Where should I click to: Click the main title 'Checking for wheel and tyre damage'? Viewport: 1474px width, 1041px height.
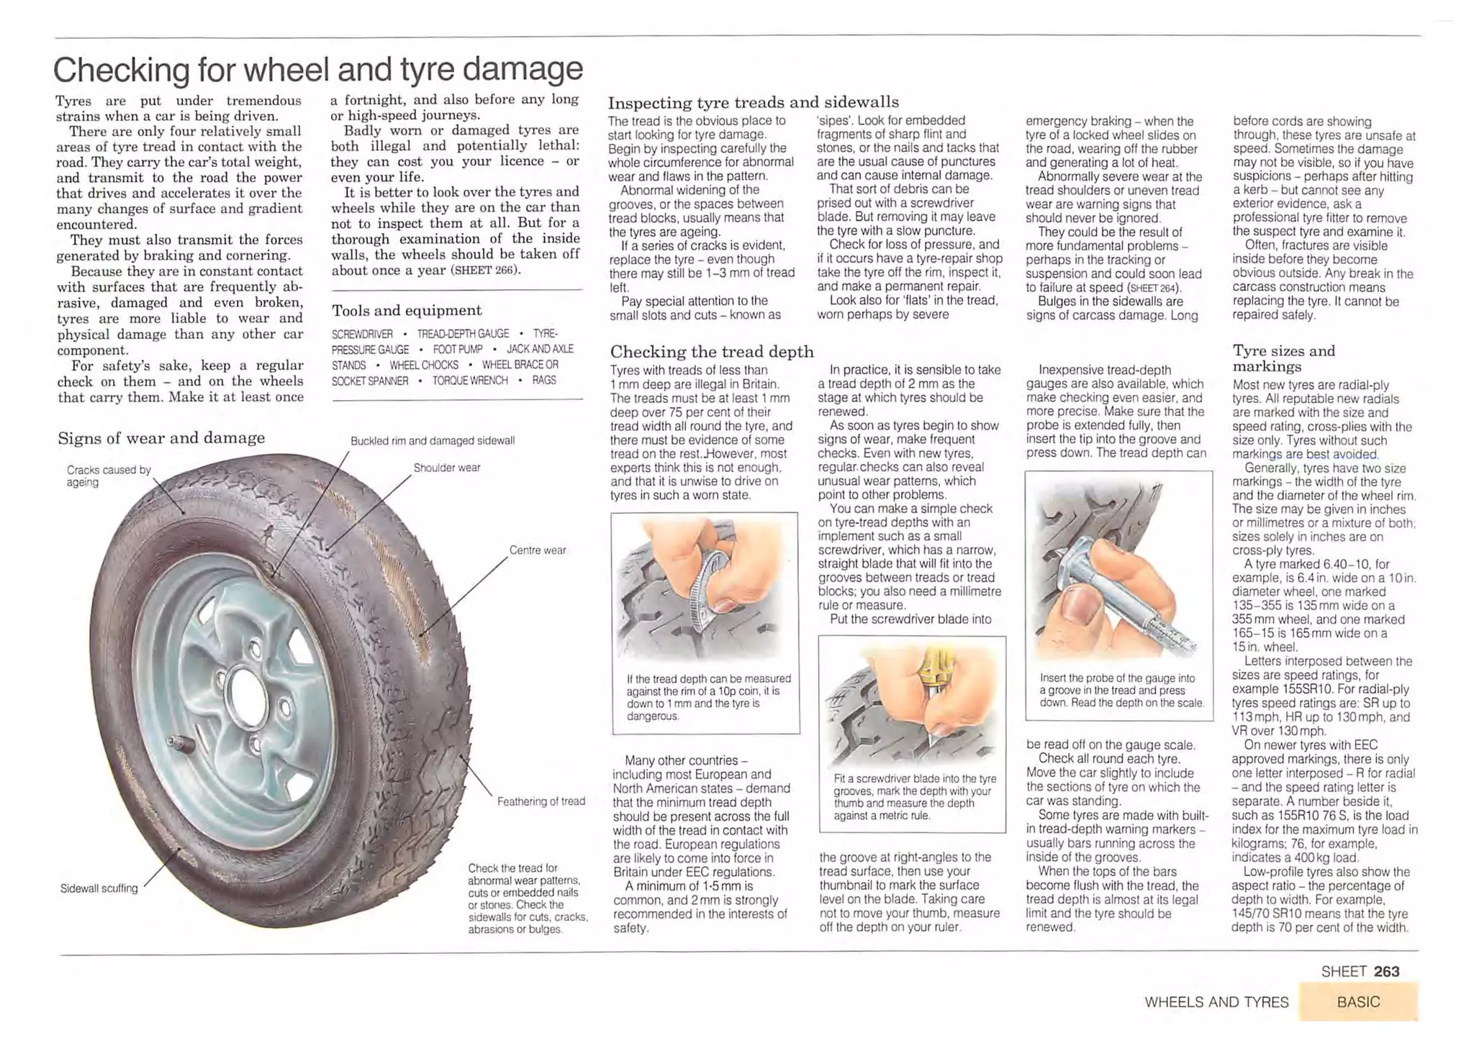click(x=317, y=70)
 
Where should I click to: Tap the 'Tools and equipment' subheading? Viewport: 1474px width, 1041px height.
click(x=406, y=311)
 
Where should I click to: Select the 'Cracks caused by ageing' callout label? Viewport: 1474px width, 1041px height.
click(x=108, y=476)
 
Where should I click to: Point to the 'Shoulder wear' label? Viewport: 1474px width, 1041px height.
click(x=446, y=468)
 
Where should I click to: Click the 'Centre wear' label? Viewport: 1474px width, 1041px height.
click(x=537, y=550)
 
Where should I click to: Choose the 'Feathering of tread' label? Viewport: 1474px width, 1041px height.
click(x=541, y=801)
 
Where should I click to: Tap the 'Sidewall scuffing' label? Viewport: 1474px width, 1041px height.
click(x=99, y=888)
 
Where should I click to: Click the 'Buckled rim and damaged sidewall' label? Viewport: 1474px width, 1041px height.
click(x=432, y=440)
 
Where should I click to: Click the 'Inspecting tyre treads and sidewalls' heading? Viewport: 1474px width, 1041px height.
click(x=753, y=102)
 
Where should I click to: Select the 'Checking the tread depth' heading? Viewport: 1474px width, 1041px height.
click(x=711, y=352)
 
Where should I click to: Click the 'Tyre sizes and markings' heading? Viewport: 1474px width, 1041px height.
click(x=1283, y=358)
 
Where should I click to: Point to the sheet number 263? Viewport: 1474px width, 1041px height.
click(x=1385, y=972)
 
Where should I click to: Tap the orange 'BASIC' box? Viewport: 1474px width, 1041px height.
click(x=1357, y=1002)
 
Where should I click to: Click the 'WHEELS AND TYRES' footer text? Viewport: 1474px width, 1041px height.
click(x=1216, y=1002)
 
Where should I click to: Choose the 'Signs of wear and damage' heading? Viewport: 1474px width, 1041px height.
click(x=161, y=438)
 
